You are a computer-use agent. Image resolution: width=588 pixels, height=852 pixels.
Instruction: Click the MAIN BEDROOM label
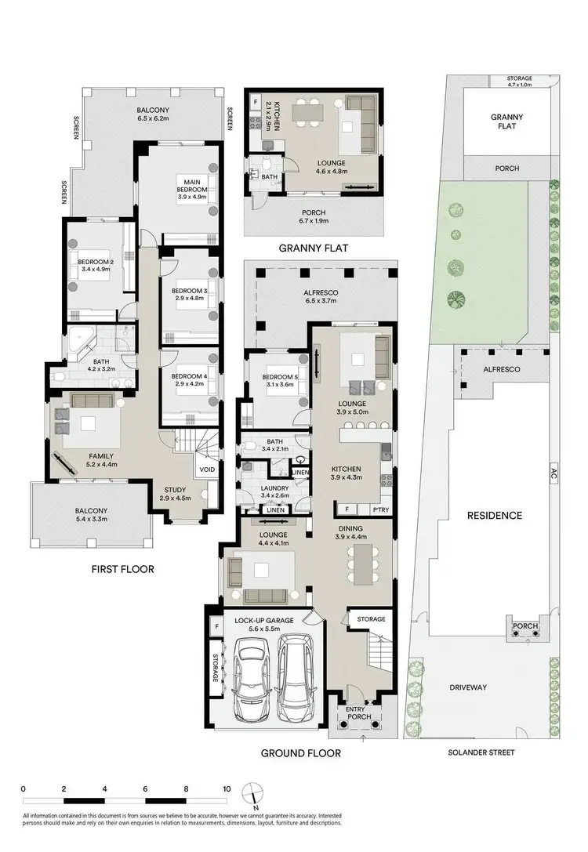pos(191,185)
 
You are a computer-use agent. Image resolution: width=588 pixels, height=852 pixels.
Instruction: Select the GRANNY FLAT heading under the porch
pos(314,248)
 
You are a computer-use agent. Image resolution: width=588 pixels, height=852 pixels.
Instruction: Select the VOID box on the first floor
pos(207,470)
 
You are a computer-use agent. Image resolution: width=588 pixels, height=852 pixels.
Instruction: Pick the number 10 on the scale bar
pos(227,788)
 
